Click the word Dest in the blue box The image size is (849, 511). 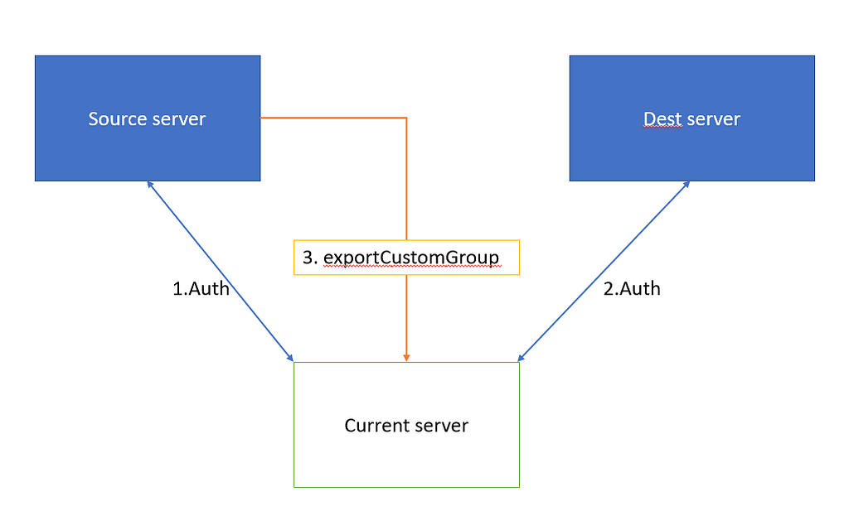tap(662, 119)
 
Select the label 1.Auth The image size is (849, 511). tap(201, 289)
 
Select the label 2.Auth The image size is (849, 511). tap(632, 289)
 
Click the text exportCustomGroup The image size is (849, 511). tap(411, 258)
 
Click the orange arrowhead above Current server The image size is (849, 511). tap(406, 358)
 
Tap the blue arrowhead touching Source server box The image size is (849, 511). tap(150, 185)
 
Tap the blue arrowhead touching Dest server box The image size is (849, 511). tap(686, 185)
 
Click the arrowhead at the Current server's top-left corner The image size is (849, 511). tap(290, 358)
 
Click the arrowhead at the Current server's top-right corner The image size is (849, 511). tap(521, 358)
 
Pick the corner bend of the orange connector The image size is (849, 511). tap(406, 118)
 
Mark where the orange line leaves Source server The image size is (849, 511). tap(261, 118)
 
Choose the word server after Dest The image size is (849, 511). tap(713, 119)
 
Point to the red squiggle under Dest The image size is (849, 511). tap(662, 128)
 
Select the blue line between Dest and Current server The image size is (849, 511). tap(604, 272)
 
